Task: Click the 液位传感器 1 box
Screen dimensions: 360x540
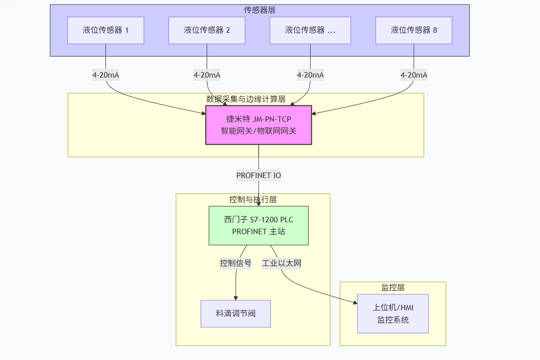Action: [105, 30]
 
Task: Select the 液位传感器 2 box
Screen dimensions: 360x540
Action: [207, 30]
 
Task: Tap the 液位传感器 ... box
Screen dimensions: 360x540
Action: [310, 30]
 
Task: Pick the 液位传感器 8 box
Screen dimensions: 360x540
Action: [414, 30]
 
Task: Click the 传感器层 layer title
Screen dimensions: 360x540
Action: [260, 10]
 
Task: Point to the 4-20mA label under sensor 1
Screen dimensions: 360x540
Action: [105, 75]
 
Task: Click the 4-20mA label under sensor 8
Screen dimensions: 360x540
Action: [414, 75]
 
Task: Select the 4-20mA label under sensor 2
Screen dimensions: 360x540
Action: [207, 75]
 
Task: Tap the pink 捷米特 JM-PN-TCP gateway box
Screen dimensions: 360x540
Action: [259, 125]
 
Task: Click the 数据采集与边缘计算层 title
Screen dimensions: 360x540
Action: [246, 99]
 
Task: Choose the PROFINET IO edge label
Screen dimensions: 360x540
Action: [259, 176]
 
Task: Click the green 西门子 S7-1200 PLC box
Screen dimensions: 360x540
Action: [259, 225]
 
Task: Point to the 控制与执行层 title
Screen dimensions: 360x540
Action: [253, 199]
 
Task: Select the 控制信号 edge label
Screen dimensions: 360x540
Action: [236, 263]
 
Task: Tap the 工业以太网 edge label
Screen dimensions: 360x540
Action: [282, 263]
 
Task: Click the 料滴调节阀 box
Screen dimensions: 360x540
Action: [236, 314]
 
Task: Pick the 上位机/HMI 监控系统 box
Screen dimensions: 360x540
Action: [393, 314]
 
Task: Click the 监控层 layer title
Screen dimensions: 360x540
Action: [393, 287]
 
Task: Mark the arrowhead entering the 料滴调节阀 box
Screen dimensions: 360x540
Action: [236, 297]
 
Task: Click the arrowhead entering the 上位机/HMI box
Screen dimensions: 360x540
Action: [355, 302]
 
